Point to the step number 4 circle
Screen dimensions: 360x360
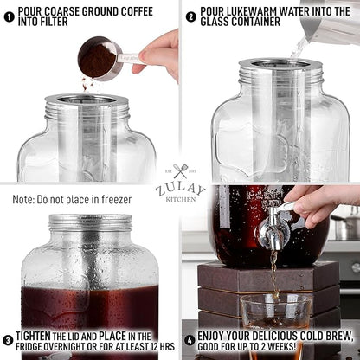click(190, 339)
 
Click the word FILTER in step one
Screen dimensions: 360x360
click(56, 25)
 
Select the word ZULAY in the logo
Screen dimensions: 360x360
click(180, 187)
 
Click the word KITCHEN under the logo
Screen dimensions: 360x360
click(180, 199)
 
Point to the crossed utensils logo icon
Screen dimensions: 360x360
click(180, 171)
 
